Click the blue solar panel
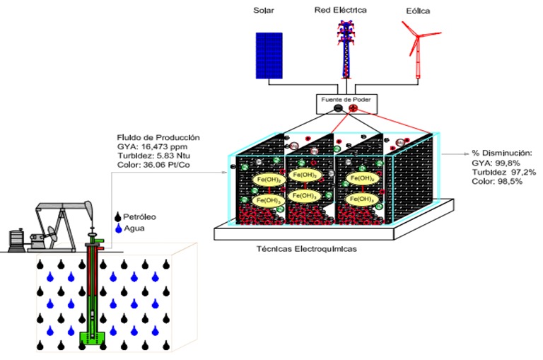click(267, 56)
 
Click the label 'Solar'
click(262, 11)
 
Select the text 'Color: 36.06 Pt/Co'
click(156, 166)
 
